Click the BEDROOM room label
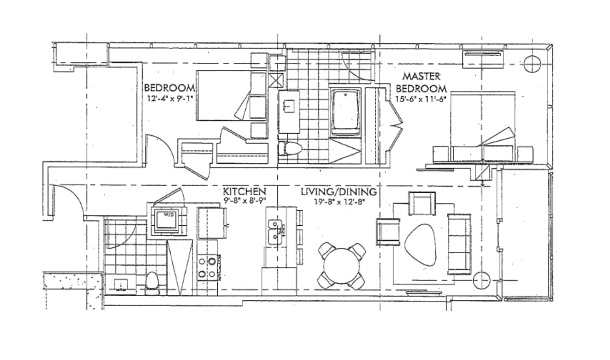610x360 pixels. [170, 87]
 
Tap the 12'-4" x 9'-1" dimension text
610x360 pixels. [170, 98]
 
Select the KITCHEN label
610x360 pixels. [244, 192]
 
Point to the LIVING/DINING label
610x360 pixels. [339, 192]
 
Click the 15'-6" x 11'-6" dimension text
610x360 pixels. [421, 99]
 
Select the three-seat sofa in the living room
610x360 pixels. [459, 244]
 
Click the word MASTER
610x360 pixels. [421, 76]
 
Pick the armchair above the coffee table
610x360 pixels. [422, 203]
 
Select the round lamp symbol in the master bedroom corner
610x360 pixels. [532, 64]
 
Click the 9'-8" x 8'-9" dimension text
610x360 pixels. [244, 201]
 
